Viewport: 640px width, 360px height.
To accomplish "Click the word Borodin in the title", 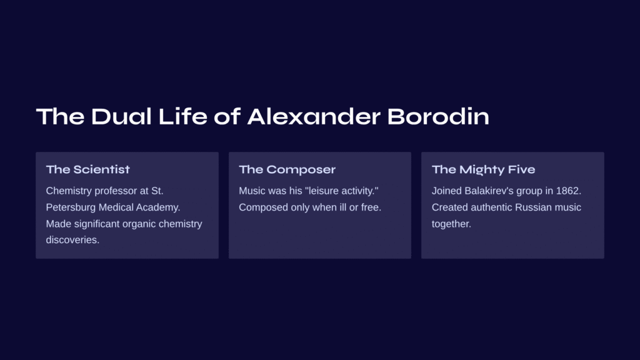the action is [x=438, y=116].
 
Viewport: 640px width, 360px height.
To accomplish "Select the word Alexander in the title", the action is [x=314, y=116].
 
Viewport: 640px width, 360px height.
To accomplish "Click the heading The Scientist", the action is [x=87, y=169].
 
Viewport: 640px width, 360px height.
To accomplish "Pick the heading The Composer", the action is [x=287, y=169].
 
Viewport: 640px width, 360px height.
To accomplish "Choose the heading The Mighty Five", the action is [x=483, y=169].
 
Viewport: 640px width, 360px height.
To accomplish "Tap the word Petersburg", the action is [x=71, y=207].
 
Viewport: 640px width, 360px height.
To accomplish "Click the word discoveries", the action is [x=72, y=240].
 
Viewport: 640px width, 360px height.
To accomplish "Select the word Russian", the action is [x=530, y=207].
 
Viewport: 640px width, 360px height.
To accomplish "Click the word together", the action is [x=451, y=224].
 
